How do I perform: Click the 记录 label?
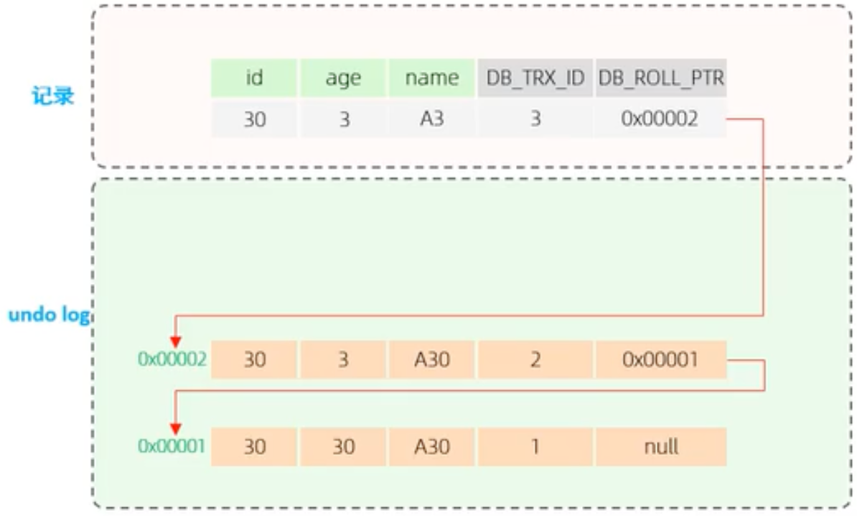click(x=52, y=96)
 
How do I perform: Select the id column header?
click(x=253, y=78)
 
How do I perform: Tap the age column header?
click(x=343, y=78)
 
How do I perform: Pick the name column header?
click(x=431, y=78)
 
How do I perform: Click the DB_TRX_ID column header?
click(x=535, y=78)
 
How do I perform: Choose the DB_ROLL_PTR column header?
click(x=660, y=78)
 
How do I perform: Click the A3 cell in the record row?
click(x=431, y=119)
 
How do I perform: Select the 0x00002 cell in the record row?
click(x=660, y=119)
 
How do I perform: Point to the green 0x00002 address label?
click(x=172, y=359)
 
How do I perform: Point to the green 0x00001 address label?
click(x=172, y=446)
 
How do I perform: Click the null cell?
click(x=660, y=446)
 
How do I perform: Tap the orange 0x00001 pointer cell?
click(x=660, y=359)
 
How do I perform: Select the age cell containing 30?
click(x=343, y=446)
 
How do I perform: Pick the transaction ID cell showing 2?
click(x=535, y=359)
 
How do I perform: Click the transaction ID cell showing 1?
click(x=535, y=446)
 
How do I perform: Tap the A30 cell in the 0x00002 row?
click(x=431, y=359)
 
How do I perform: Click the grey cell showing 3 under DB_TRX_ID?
click(x=535, y=119)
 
